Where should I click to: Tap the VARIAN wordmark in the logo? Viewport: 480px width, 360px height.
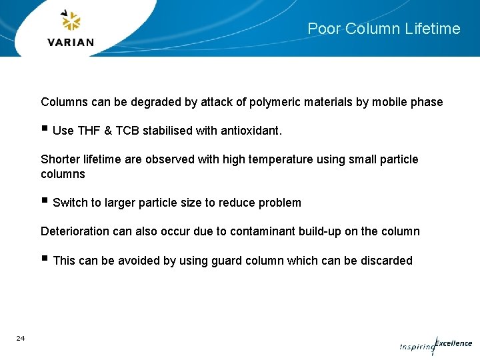[71, 42]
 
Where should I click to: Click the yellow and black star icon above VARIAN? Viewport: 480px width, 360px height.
[71, 21]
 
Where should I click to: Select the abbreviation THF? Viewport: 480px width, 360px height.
[88, 131]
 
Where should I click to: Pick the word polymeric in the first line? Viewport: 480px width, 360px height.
[275, 102]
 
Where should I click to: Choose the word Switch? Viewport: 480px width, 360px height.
[70, 203]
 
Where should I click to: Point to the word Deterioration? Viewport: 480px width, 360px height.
[75, 231]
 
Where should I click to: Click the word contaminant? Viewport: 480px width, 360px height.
[261, 231]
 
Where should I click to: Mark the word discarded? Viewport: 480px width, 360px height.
[387, 261]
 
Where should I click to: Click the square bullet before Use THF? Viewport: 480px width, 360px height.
[44, 129]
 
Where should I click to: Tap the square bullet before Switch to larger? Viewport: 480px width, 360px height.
[44, 201]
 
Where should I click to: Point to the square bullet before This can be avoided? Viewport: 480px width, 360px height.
[44, 259]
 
